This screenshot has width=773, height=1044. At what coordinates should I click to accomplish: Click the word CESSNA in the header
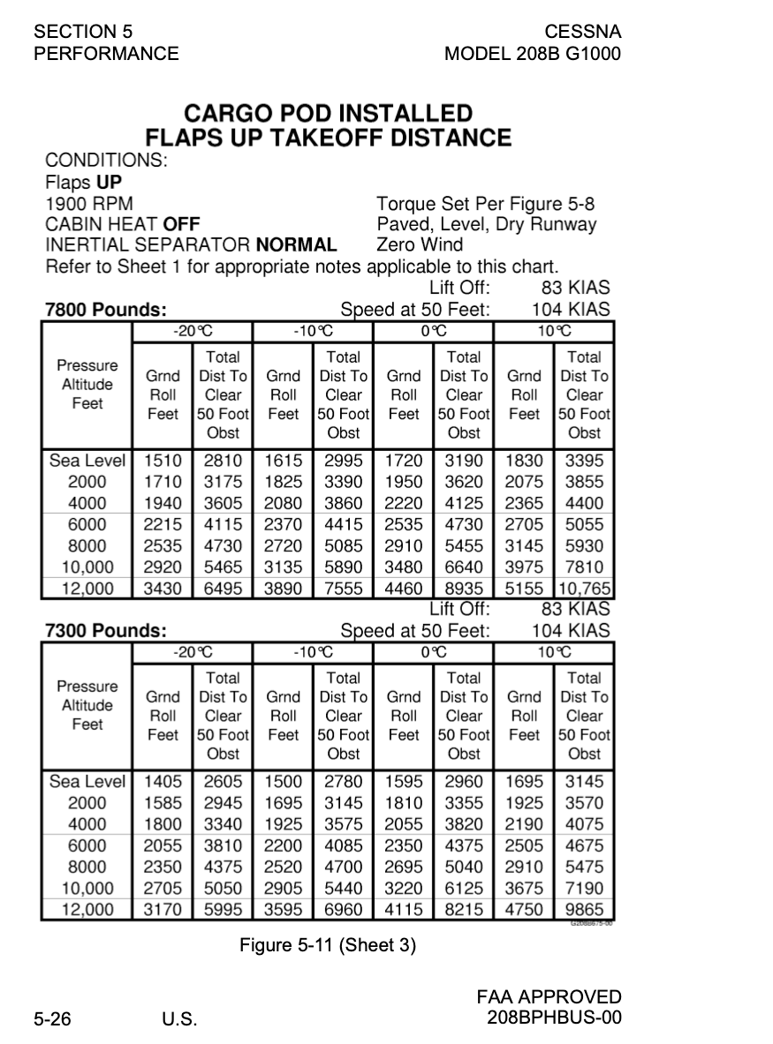click(582, 32)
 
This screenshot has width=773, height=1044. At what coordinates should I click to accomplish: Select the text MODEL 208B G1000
click(533, 54)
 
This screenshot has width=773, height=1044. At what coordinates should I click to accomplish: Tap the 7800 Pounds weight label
click(105, 311)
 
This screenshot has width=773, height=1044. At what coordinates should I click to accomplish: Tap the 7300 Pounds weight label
click(105, 631)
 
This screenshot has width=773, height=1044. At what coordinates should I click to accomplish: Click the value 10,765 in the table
click(584, 589)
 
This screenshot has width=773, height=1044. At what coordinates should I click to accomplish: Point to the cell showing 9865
click(584, 910)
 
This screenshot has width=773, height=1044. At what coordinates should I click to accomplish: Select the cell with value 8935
click(464, 589)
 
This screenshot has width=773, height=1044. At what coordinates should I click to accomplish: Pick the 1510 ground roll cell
click(163, 461)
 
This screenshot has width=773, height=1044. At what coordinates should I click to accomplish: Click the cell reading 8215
click(464, 910)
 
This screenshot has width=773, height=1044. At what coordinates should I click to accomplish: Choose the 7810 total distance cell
click(584, 567)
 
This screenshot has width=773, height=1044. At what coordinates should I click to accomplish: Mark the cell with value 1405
click(163, 782)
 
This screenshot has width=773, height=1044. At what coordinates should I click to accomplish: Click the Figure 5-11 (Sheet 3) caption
click(328, 945)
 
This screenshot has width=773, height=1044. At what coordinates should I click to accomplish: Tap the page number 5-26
click(53, 1019)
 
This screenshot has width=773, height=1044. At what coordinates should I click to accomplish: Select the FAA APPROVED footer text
click(549, 997)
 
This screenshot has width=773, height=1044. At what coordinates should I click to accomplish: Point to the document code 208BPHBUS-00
click(554, 1018)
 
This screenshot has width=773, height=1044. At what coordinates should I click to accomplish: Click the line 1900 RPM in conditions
click(89, 205)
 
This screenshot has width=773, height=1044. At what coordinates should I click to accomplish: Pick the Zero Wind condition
click(420, 244)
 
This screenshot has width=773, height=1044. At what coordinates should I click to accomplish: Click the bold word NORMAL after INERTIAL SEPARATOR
click(296, 244)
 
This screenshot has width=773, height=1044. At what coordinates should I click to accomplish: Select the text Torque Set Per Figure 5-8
click(486, 205)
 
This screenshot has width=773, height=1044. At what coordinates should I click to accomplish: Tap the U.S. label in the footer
click(179, 1020)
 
